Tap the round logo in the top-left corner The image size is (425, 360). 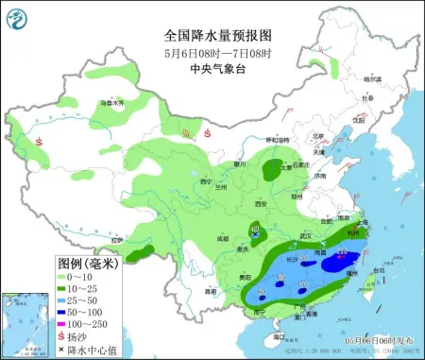click(18, 17)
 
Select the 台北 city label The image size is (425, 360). click(379, 270)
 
